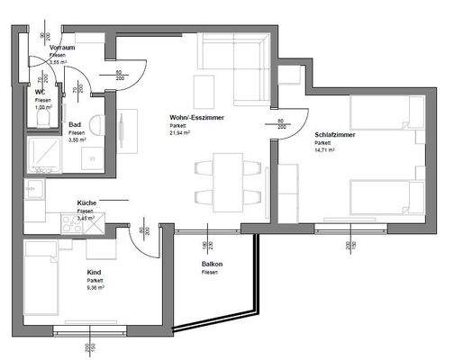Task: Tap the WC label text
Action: point(40,92)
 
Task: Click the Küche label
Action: point(87,203)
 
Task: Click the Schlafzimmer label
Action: point(336,134)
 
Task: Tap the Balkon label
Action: point(212,264)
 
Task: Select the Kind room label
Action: point(94,272)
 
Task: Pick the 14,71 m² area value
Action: point(325,149)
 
